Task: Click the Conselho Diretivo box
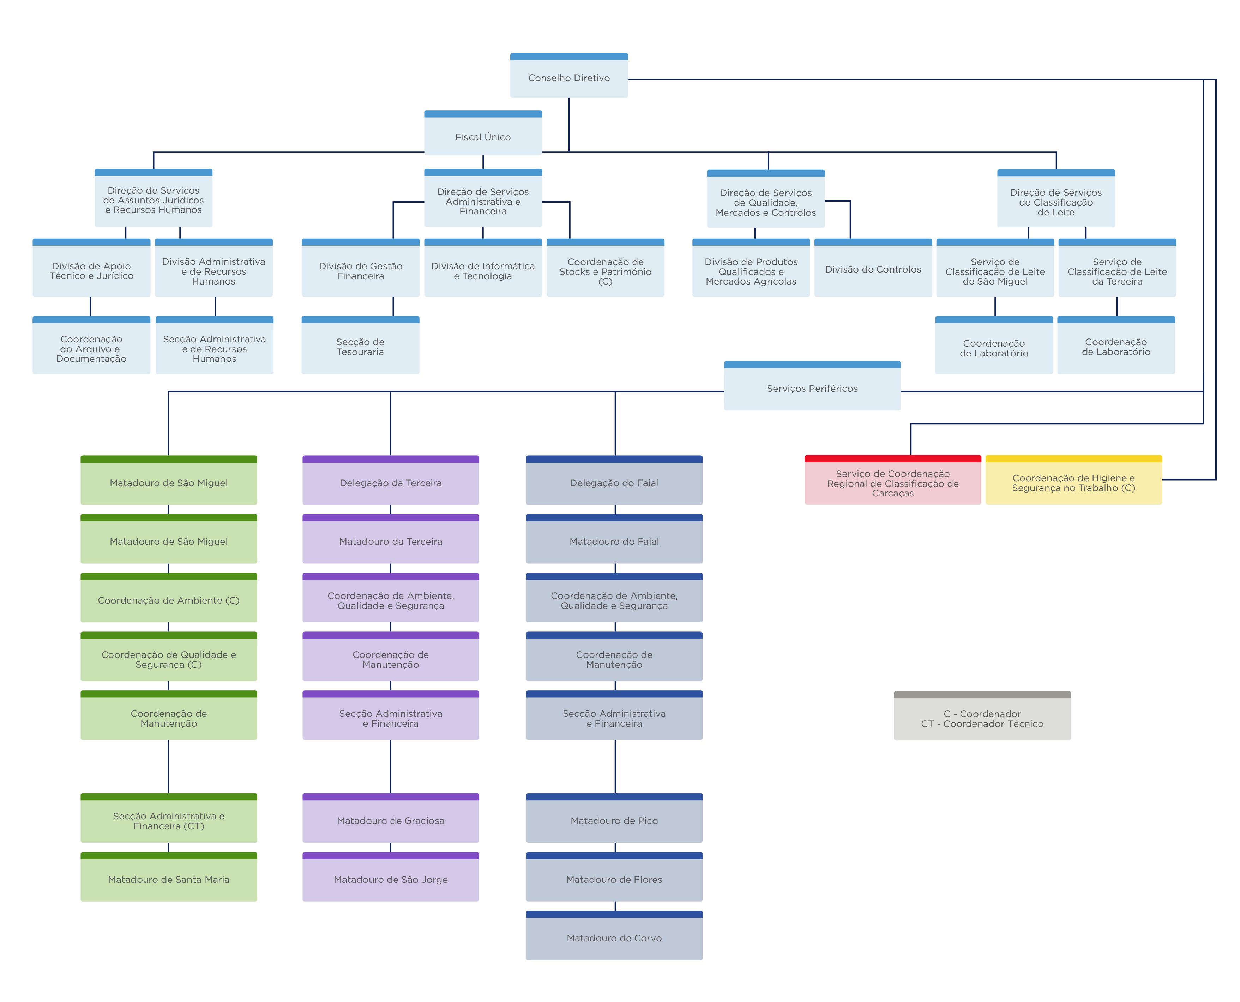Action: click(x=568, y=77)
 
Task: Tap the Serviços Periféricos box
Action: click(x=812, y=388)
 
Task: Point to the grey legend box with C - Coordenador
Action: click(x=981, y=718)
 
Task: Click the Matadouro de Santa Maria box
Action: click(x=169, y=879)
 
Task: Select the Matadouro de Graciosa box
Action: click(x=390, y=820)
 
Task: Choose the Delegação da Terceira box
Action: click(x=390, y=483)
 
